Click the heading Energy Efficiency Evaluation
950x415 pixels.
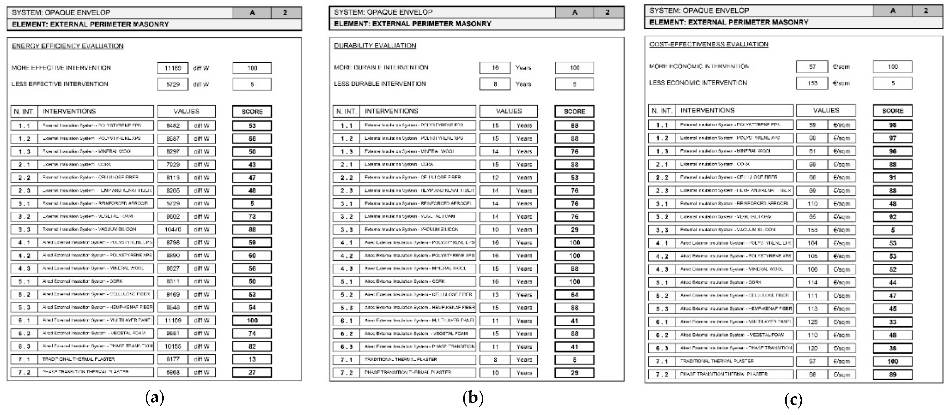tap(67, 46)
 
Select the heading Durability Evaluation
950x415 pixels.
tap(375, 45)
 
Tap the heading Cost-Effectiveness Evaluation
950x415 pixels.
tap(709, 44)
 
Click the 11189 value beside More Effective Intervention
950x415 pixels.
tap(173, 68)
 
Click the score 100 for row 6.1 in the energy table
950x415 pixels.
tap(252, 320)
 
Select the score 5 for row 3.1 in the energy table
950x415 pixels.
tap(252, 203)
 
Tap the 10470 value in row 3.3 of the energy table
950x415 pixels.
tap(173, 229)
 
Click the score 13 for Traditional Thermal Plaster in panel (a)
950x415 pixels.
tap(252, 359)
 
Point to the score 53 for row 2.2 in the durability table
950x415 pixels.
tap(574, 177)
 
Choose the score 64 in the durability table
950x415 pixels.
tap(574, 295)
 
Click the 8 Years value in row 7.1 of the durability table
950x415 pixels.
tap(495, 359)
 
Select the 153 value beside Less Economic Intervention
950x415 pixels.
tap(812, 83)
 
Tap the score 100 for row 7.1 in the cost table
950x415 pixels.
tap(892, 361)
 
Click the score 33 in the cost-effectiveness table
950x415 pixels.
tap(892, 322)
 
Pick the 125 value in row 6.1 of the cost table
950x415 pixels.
tap(812, 322)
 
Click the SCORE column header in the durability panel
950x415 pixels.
tap(574, 111)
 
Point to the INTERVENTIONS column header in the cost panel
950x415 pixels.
tap(707, 110)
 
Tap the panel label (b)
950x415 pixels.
tap(473, 398)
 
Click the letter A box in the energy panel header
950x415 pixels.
tap(252, 12)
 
